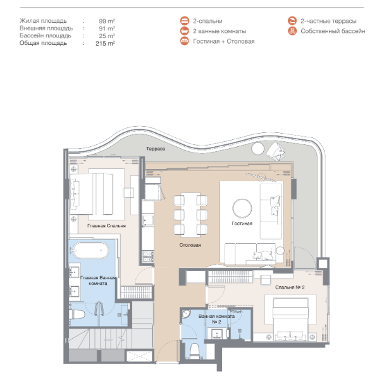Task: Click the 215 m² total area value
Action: tap(105, 44)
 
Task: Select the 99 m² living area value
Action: tap(107, 21)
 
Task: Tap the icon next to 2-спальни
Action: tap(185, 21)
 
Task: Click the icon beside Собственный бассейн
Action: tap(292, 31)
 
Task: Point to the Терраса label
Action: tap(156, 149)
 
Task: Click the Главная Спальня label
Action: tap(106, 226)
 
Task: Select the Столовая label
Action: tap(190, 245)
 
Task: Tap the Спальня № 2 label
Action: tap(290, 287)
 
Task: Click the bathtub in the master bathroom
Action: tap(90, 250)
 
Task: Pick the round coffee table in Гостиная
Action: tap(242, 208)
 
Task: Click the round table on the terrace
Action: tap(257, 149)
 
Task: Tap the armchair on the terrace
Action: tap(276, 151)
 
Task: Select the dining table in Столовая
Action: tap(190, 215)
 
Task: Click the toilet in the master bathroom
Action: tap(77, 315)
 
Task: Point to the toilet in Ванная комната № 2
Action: tap(195, 351)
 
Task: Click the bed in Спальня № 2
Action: tap(290, 319)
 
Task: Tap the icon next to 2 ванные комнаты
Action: tap(185, 31)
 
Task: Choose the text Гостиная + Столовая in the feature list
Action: tap(224, 41)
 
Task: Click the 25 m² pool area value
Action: tap(107, 36)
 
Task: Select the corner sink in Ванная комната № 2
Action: tap(186, 314)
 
